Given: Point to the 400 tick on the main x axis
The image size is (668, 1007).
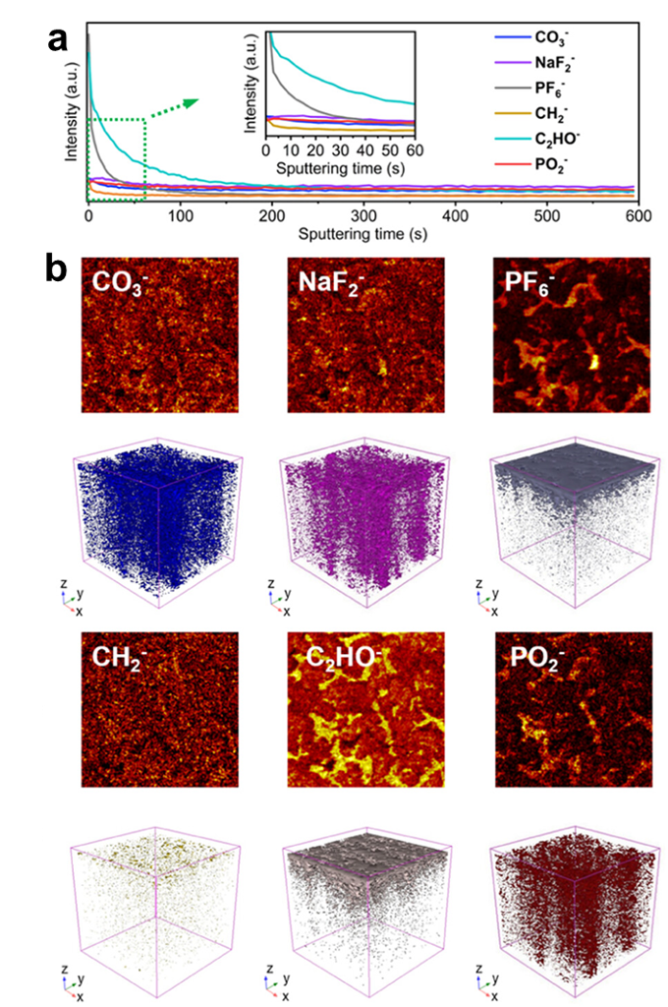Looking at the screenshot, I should tap(454, 212).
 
